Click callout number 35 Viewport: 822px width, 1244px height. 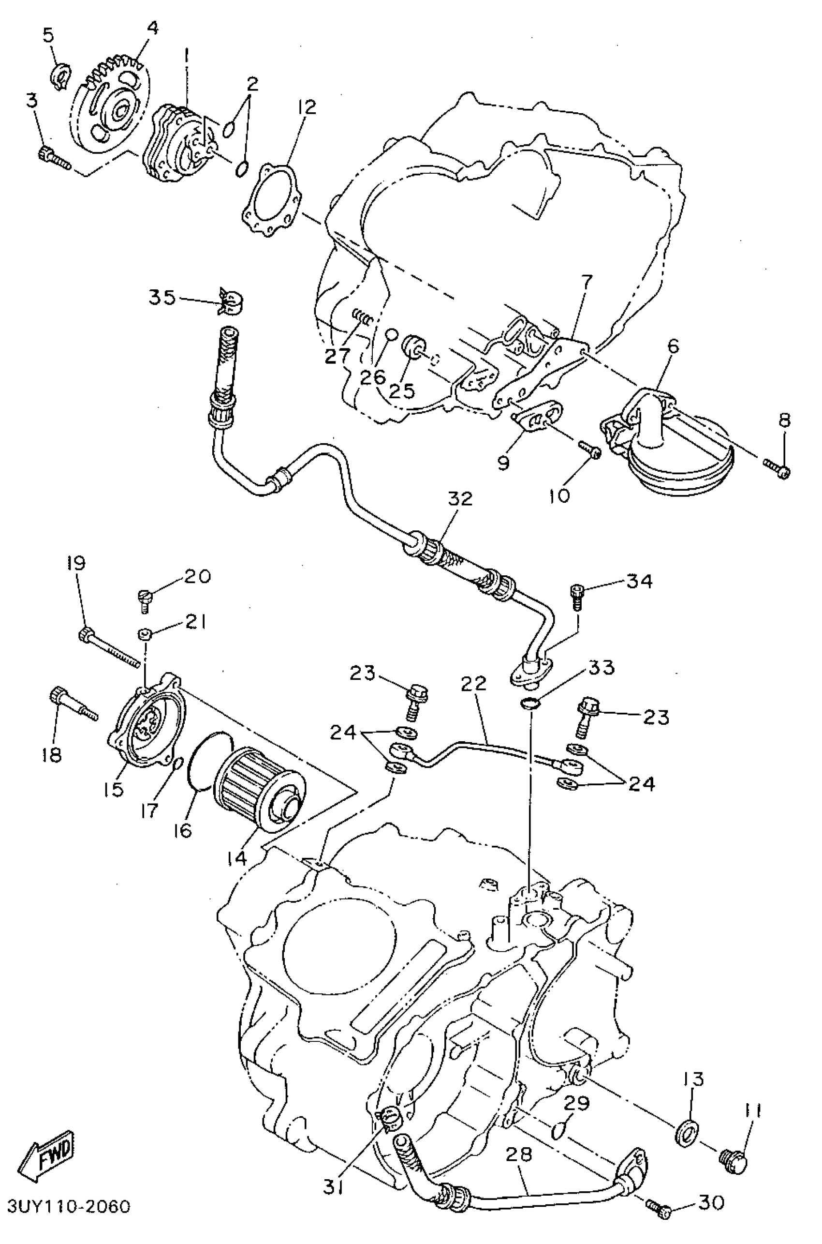(161, 298)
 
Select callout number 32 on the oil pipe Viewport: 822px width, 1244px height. (460, 499)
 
